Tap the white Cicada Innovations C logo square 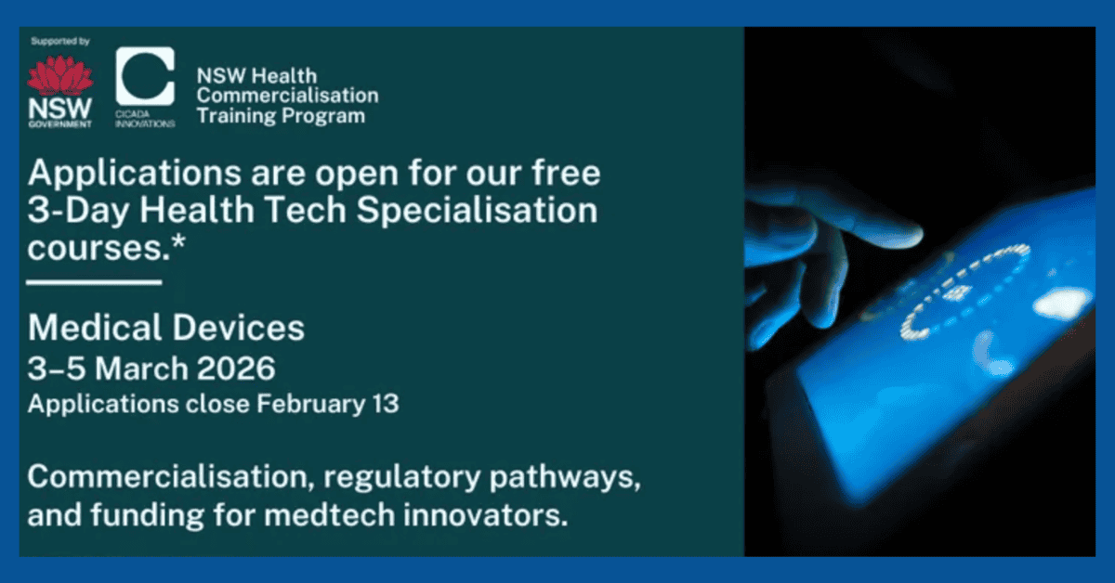tap(145, 76)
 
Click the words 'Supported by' tap(60, 41)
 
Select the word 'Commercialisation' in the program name tap(288, 96)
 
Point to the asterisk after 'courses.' tap(178, 242)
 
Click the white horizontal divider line tap(94, 282)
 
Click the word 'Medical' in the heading tap(95, 328)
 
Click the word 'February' tap(311, 405)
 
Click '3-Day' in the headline tap(78, 211)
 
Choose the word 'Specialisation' tap(477, 211)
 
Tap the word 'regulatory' tap(402, 477)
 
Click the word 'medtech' tap(330, 515)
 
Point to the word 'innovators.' tap(485, 515)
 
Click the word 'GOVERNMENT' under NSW tap(60, 123)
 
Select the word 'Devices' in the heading tap(239, 328)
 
